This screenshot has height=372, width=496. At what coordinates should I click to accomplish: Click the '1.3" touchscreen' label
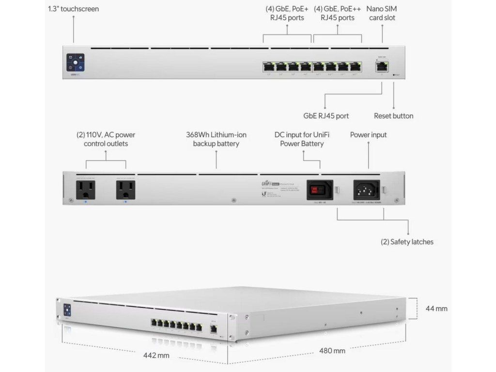[x=74, y=9]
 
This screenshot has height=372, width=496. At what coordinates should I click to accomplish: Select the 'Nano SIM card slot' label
[x=382, y=13]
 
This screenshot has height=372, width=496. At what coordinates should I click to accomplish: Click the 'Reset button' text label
[x=393, y=116]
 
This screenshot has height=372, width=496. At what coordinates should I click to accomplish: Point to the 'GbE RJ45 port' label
[x=326, y=116]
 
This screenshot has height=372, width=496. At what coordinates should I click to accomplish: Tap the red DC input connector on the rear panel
[x=319, y=188]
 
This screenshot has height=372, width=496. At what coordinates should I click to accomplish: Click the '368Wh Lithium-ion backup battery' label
[x=216, y=139]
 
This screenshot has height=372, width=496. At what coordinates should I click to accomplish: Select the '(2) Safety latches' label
[x=407, y=241]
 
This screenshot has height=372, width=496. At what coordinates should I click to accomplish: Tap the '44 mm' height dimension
[x=436, y=309]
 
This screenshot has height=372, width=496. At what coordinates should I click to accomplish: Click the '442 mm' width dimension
[x=156, y=356]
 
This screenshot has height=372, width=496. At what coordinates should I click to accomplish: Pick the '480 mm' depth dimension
[x=332, y=350]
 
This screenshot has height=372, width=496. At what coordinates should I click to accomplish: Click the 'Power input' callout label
[x=368, y=135]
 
